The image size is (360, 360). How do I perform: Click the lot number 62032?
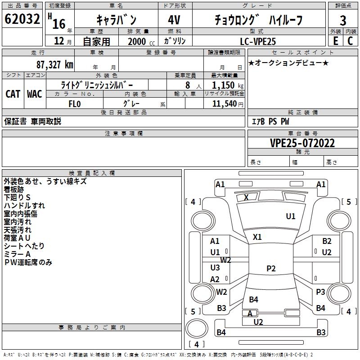(22, 20)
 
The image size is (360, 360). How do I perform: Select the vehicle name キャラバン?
(117, 20)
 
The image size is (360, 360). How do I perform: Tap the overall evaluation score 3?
(343, 20)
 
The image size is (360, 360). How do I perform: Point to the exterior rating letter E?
(335, 40)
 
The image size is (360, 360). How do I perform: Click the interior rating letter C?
(351, 40)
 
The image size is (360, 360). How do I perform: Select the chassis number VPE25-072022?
(302, 143)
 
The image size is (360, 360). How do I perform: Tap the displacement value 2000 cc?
(139, 41)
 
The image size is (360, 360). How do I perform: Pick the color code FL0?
(74, 104)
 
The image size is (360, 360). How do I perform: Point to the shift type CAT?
(13, 94)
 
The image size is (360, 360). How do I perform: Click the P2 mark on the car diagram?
(271, 269)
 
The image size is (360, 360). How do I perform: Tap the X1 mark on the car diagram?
(257, 237)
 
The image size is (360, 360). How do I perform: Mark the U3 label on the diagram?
(215, 268)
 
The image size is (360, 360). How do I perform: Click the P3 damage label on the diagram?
(320, 292)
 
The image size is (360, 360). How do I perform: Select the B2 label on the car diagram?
(327, 241)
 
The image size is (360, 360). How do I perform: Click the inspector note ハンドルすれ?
(24, 206)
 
